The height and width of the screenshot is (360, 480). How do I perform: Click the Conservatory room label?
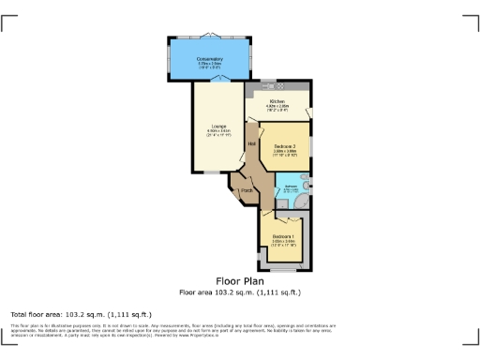click(x=209, y=59)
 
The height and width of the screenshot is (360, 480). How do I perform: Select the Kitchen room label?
click(x=277, y=101)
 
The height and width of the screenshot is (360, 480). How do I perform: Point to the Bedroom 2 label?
click(x=286, y=146)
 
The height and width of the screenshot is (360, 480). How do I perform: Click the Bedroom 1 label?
click(x=284, y=235)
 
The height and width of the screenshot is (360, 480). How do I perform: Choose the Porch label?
click(x=247, y=191)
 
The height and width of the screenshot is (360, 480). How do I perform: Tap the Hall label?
click(x=252, y=142)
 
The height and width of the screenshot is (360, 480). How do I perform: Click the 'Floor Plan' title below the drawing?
click(x=239, y=280)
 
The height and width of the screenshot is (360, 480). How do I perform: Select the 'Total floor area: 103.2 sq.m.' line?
click(x=81, y=314)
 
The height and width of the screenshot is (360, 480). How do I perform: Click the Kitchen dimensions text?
click(x=277, y=107)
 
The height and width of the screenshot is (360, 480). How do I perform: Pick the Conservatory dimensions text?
click(x=209, y=65)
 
